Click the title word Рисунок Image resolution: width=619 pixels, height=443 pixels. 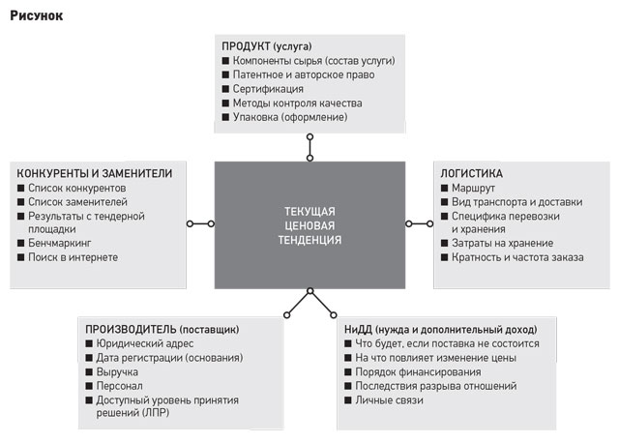click(x=37, y=15)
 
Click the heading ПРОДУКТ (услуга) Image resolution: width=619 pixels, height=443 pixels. click(x=267, y=46)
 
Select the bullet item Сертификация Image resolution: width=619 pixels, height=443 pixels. click(x=268, y=89)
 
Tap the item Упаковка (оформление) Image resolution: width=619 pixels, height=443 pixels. click(x=290, y=117)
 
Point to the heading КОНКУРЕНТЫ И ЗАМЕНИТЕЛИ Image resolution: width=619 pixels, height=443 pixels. click(x=95, y=173)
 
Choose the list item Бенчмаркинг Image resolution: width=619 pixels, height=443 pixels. click(x=60, y=243)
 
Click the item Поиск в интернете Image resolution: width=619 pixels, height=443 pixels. click(x=74, y=257)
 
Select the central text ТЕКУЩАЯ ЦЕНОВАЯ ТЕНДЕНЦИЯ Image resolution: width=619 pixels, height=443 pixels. click(x=309, y=225)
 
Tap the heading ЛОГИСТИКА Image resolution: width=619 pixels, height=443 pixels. click(x=472, y=173)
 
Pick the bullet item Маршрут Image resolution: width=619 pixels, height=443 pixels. click(x=473, y=188)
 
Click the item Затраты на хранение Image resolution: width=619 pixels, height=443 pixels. click(x=503, y=243)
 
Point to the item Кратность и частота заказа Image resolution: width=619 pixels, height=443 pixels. click(x=517, y=257)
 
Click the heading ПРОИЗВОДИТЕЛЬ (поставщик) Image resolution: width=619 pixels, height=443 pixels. click(x=162, y=329)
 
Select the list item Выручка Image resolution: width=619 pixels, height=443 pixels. click(x=117, y=372)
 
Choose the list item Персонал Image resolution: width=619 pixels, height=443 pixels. click(x=120, y=386)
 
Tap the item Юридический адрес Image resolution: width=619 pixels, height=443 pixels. click(x=145, y=343)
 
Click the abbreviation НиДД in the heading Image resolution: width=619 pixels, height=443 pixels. click(x=358, y=329)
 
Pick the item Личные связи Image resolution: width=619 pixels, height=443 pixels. click(x=389, y=400)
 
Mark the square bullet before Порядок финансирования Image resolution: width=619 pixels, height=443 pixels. click(x=348, y=372)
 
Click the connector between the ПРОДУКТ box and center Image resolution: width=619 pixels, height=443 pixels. click(x=309, y=147)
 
